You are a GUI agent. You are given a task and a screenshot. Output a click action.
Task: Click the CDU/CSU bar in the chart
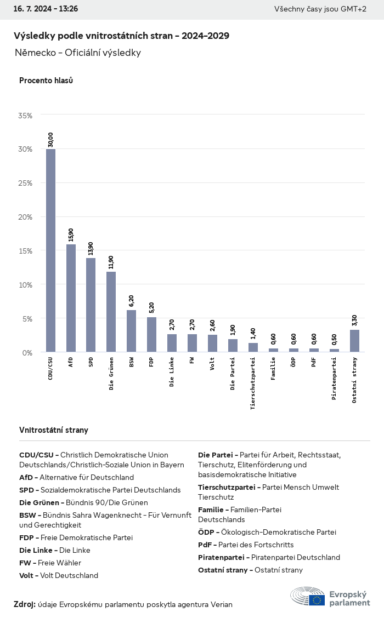click(x=50, y=250)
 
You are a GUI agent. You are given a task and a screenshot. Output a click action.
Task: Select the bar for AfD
click(x=71, y=298)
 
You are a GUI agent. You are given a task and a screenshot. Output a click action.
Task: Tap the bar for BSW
click(x=132, y=331)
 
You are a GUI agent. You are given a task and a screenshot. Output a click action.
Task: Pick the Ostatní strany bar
click(x=355, y=341)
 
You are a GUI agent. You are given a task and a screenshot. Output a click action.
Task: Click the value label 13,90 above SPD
click(x=91, y=248)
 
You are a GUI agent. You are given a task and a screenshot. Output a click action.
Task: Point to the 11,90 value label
click(x=111, y=262)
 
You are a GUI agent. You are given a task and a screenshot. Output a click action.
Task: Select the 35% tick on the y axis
click(x=25, y=116)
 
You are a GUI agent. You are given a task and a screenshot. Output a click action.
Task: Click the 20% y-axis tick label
click(x=25, y=217)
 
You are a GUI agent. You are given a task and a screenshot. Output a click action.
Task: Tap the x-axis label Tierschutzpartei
click(x=253, y=383)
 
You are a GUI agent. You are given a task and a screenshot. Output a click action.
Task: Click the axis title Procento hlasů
click(x=46, y=81)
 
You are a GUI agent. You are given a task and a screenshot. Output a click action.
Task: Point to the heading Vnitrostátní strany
click(x=54, y=430)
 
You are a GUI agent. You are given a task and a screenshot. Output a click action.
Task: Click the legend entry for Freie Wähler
click(x=50, y=563)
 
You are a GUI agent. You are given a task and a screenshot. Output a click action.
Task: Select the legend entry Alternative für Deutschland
click(x=76, y=477)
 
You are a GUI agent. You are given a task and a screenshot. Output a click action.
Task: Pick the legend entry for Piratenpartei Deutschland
click(x=269, y=557)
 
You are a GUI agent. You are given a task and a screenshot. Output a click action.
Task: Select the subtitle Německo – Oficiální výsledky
click(x=78, y=53)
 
